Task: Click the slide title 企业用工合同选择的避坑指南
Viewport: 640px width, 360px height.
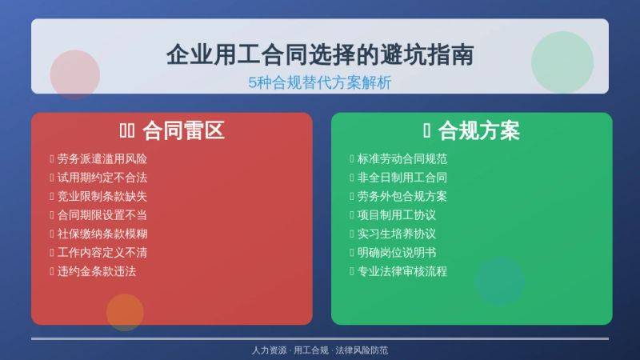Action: tap(320, 54)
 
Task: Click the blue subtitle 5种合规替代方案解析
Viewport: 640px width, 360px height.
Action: tap(320, 82)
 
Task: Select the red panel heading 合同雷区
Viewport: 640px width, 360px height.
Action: tap(183, 131)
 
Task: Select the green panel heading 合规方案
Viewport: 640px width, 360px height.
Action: tap(479, 131)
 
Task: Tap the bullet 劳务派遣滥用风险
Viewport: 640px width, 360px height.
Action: tap(102, 158)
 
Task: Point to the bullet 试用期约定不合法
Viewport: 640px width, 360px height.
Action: tap(102, 178)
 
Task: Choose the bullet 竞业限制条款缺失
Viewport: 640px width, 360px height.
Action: tap(102, 196)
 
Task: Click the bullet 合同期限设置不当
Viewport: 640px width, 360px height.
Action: tap(102, 215)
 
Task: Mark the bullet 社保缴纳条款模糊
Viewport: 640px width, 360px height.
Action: tap(102, 234)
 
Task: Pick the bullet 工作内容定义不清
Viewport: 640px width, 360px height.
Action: tap(102, 252)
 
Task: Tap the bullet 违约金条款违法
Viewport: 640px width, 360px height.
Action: tap(97, 271)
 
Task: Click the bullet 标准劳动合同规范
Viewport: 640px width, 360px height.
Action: tap(402, 158)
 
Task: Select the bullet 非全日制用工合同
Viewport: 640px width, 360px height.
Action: tap(402, 178)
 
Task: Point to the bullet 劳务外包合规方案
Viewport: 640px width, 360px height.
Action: tap(402, 196)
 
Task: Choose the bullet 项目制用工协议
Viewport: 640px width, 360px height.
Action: tap(397, 215)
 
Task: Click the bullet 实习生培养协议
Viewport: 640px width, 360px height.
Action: tap(397, 234)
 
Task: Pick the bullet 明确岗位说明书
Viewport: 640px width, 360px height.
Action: tap(397, 252)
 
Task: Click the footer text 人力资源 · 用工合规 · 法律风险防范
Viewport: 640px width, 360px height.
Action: tap(320, 350)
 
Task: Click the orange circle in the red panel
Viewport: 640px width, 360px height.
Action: tap(125, 312)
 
